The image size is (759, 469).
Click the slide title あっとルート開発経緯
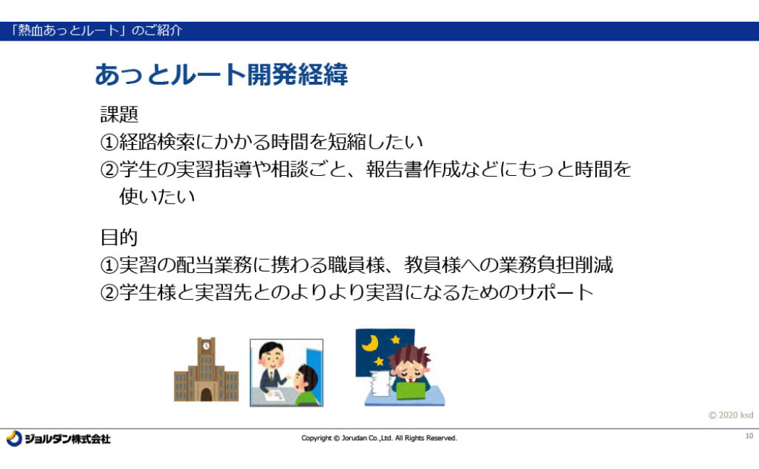pyautogui.click(x=221, y=75)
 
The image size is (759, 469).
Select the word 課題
pyautogui.click(x=119, y=114)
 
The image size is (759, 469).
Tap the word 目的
pyautogui.click(x=119, y=237)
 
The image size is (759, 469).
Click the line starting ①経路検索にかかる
pyautogui.click(x=261, y=142)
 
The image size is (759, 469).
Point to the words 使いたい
pyautogui.click(x=157, y=196)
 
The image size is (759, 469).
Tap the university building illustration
pyautogui.click(x=206, y=369)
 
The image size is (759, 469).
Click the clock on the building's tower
pyautogui.click(x=206, y=346)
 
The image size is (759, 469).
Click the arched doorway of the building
pyautogui.click(x=206, y=394)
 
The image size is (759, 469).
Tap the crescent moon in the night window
pyautogui.click(x=370, y=343)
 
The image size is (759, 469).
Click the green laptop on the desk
pyautogui.click(x=411, y=391)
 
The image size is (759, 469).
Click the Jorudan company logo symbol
pyautogui.click(x=14, y=439)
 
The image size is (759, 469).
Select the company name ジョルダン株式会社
pyautogui.click(x=67, y=439)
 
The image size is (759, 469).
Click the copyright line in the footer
pyautogui.click(x=379, y=438)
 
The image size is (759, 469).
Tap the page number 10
pyautogui.click(x=750, y=436)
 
